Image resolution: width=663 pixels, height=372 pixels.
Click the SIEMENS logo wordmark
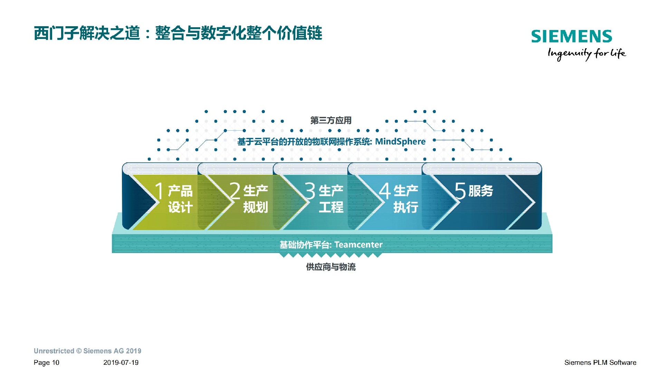click(x=571, y=37)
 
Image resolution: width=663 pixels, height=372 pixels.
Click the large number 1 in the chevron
click(x=159, y=190)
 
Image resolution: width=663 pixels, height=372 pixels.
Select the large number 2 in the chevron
click(x=235, y=191)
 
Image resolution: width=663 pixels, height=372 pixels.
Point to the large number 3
click(x=310, y=191)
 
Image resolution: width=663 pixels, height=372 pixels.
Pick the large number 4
click(x=385, y=191)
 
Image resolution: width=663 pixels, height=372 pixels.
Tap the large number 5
click(x=460, y=191)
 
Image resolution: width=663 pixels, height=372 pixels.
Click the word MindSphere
click(x=400, y=142)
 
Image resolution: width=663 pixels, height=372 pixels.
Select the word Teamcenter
click(x=358, y=244)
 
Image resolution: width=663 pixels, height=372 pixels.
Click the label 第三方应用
click(x=331, y=120)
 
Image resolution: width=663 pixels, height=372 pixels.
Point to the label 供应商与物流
click(x=331, y=267)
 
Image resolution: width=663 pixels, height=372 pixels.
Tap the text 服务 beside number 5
click(x=481, y=191)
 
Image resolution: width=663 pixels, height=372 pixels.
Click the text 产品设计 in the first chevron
click(x=180, y=199)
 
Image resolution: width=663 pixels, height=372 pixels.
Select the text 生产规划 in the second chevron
click(x=256, y=199)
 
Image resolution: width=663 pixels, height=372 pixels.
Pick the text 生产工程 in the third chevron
click(x=331, y=199)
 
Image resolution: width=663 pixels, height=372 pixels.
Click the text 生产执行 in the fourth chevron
click(x=406, y=199)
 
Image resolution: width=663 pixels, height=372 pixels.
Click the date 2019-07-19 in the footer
click(x=121, y=363)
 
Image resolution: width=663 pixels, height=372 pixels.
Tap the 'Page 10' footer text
click(x=47, y=363)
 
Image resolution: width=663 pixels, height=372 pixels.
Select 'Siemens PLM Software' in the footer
click(x=600, y=363)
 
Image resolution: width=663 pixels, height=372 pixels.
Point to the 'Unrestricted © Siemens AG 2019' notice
click(x=87, y=351)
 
